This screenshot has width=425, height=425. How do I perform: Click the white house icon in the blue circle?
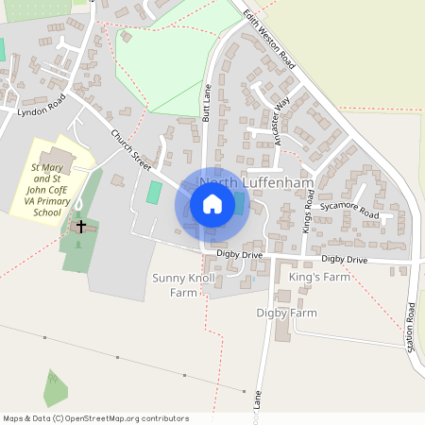coord(212,204)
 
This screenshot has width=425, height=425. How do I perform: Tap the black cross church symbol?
coord(81,227)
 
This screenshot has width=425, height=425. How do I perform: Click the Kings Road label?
coord(308,212)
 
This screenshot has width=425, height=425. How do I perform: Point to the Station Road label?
coord(412,326)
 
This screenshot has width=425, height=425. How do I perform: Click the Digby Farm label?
coord(286,312)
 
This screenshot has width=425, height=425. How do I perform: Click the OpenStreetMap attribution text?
coord(95,418)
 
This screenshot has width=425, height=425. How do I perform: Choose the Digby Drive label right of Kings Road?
coord(344,259)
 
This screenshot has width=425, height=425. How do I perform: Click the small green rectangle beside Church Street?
coord(154,193)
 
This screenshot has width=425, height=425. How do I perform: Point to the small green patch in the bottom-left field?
coord(56,388)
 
